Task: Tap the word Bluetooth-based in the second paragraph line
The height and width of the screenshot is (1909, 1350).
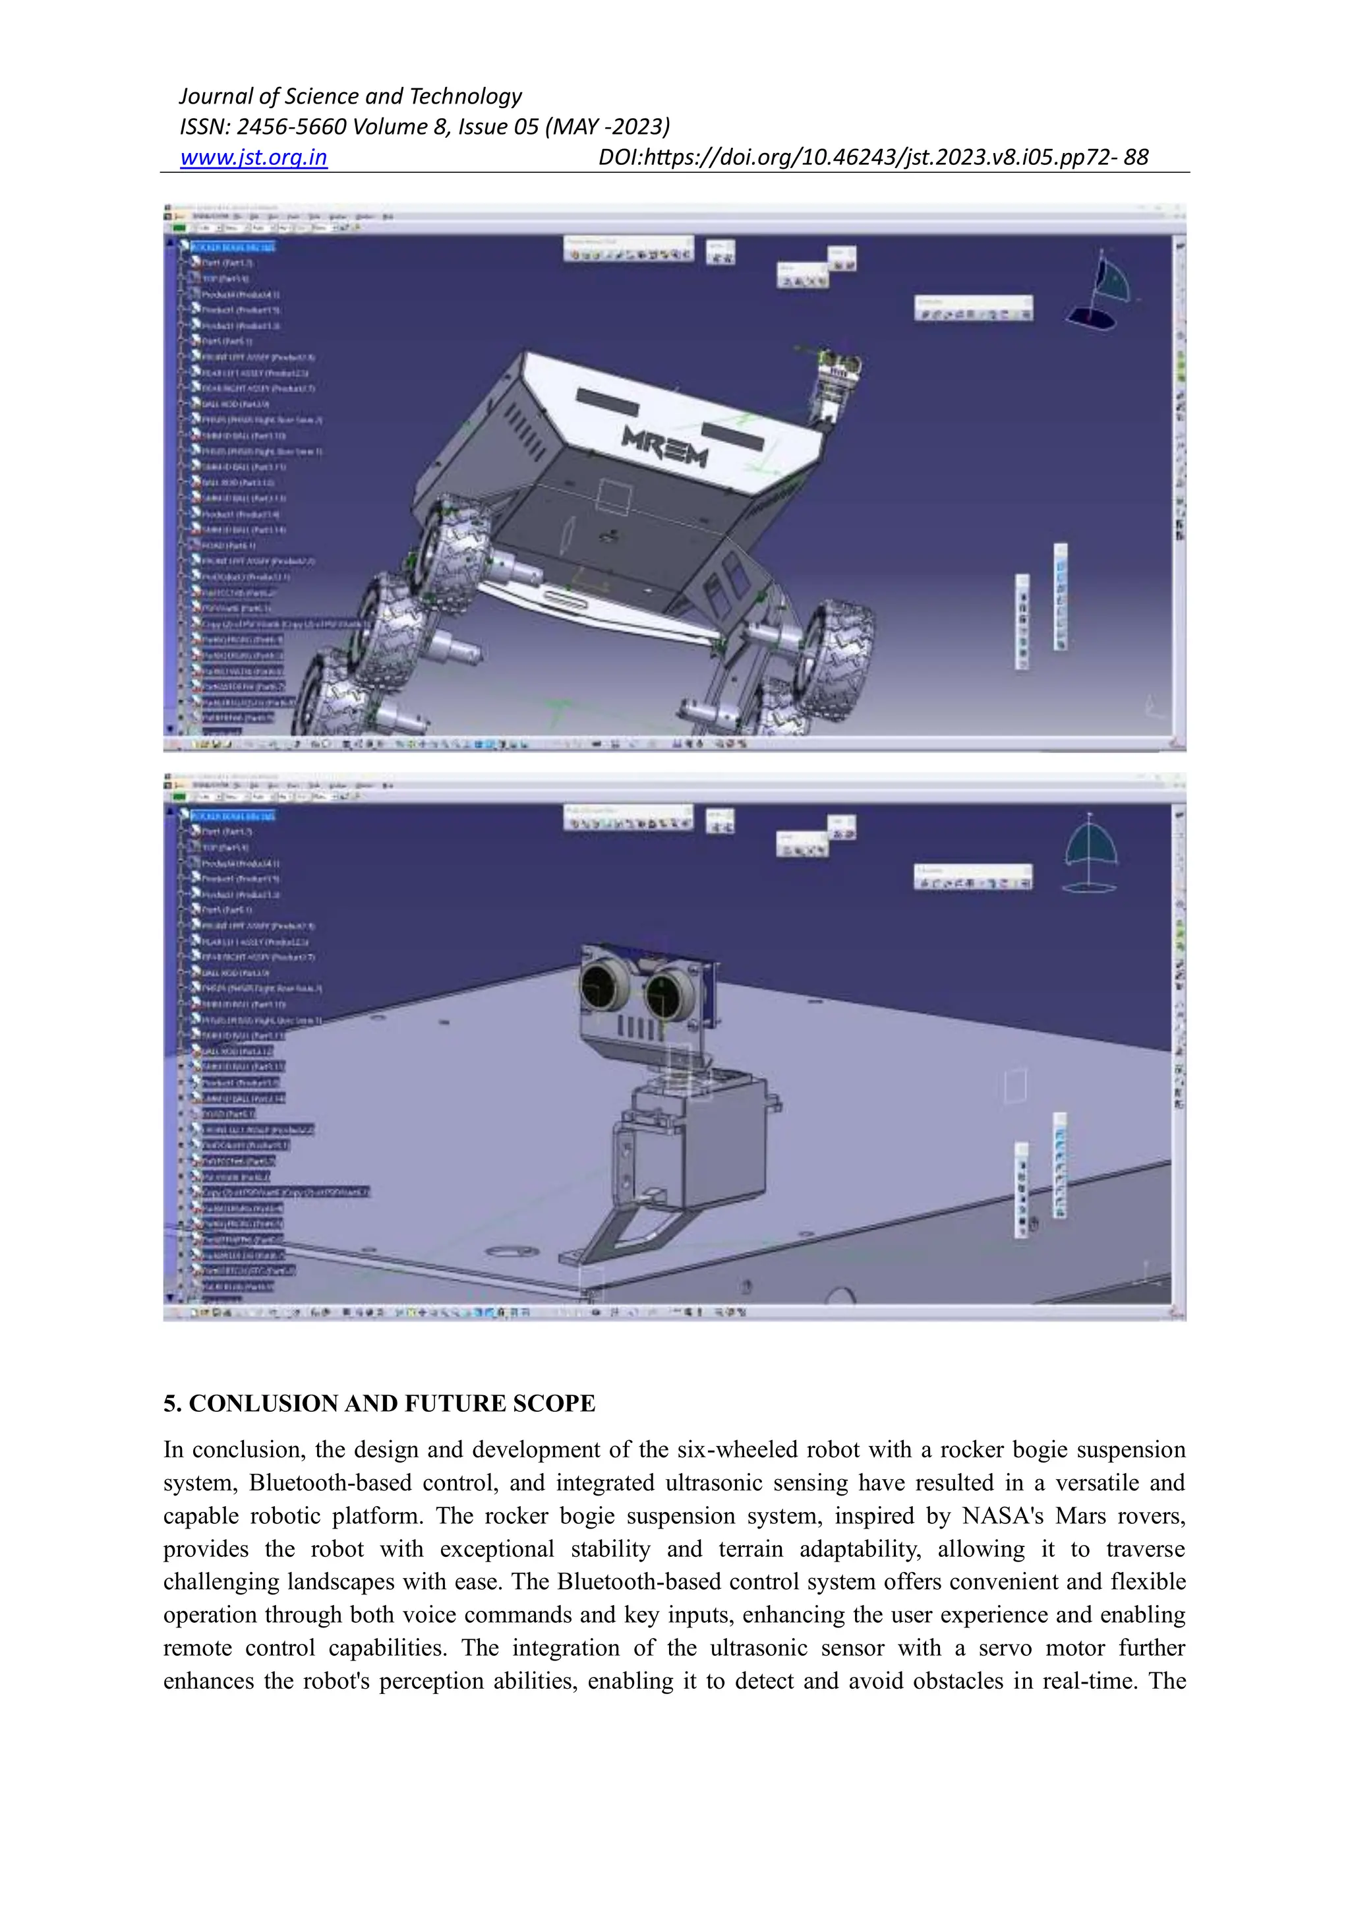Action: [x=330, y=1482]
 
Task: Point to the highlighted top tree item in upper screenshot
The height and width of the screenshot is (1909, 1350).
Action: [x=233, y=247]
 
